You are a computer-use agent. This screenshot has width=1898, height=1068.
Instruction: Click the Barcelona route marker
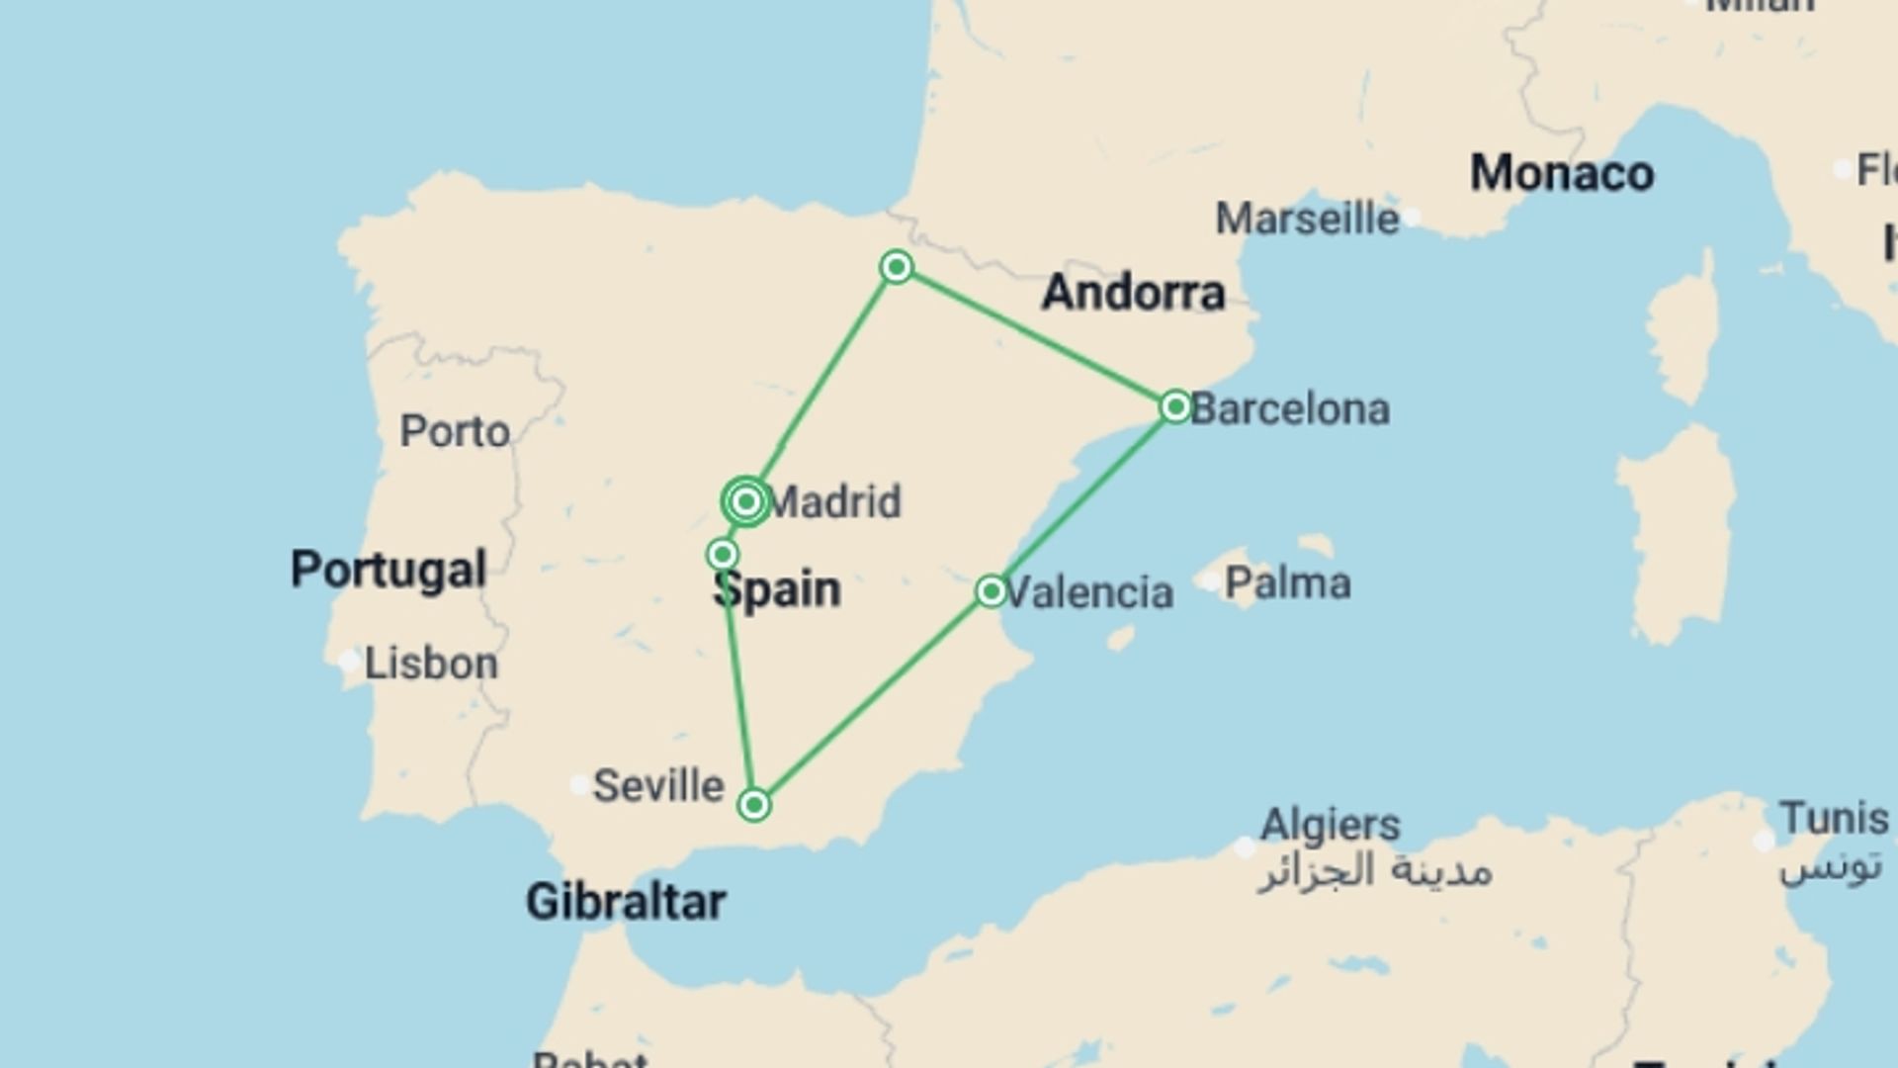tap(1175, 406)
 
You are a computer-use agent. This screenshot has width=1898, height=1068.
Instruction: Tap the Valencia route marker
tap(991, 591)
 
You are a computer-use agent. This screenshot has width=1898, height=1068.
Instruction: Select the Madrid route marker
tap(746, 502)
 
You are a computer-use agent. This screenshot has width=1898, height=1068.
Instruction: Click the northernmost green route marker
tap(897, 267)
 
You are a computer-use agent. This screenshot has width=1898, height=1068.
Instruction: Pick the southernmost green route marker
tap(754, 805)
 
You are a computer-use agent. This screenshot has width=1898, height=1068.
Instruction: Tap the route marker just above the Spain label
tap(723, 554)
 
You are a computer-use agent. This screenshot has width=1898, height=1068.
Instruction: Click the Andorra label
tap(1133, 293)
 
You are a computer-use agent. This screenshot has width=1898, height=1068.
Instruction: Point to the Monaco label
tap(1561, 174)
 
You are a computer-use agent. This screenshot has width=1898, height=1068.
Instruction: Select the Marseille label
tap(1307, 219)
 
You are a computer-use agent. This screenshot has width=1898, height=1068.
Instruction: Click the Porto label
tap(455, 431)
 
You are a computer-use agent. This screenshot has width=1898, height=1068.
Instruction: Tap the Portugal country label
tap(388, 570)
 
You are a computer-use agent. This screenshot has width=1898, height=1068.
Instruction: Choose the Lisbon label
tap(431, 664)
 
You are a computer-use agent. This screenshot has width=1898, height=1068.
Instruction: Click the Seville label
tap(658, 786)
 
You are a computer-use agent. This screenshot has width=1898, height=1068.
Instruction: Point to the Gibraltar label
tap(626, 902)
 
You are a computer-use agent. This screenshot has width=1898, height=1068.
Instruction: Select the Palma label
tap(1287, 583)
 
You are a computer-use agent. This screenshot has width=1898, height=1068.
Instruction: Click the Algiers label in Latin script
tap(1330, 824)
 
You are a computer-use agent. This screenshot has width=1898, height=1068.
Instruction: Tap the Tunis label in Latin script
tap(1834, 819)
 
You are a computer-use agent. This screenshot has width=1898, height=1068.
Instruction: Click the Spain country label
tap(777, 590)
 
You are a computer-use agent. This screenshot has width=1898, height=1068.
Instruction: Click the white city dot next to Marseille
tap(1413, 217)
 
